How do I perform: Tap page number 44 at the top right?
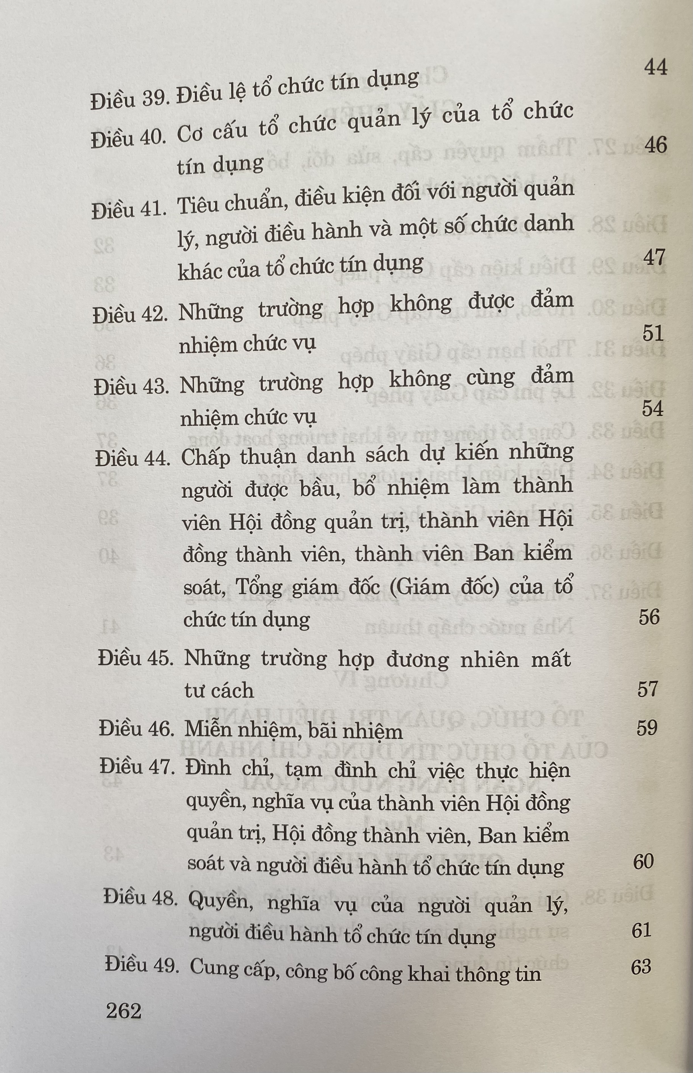click(655, 68)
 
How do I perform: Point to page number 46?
click(655, 145)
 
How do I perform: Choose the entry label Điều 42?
click(130, 314)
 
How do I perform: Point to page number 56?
click(649, 617)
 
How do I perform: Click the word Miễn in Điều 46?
click(208, 730)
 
